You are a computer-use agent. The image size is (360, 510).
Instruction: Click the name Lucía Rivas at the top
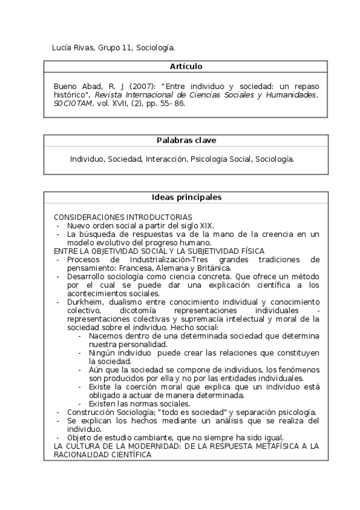tap(70, 47)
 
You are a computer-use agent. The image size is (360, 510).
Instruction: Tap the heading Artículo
tap(186, 66)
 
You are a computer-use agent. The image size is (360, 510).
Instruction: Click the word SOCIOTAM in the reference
tap(72, 103)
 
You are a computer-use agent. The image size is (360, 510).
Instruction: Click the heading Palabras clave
tap(186, 140)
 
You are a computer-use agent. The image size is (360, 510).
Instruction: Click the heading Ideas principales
tap(186, 197)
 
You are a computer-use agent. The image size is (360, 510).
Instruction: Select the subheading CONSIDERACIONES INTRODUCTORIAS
tap(123, 217)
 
